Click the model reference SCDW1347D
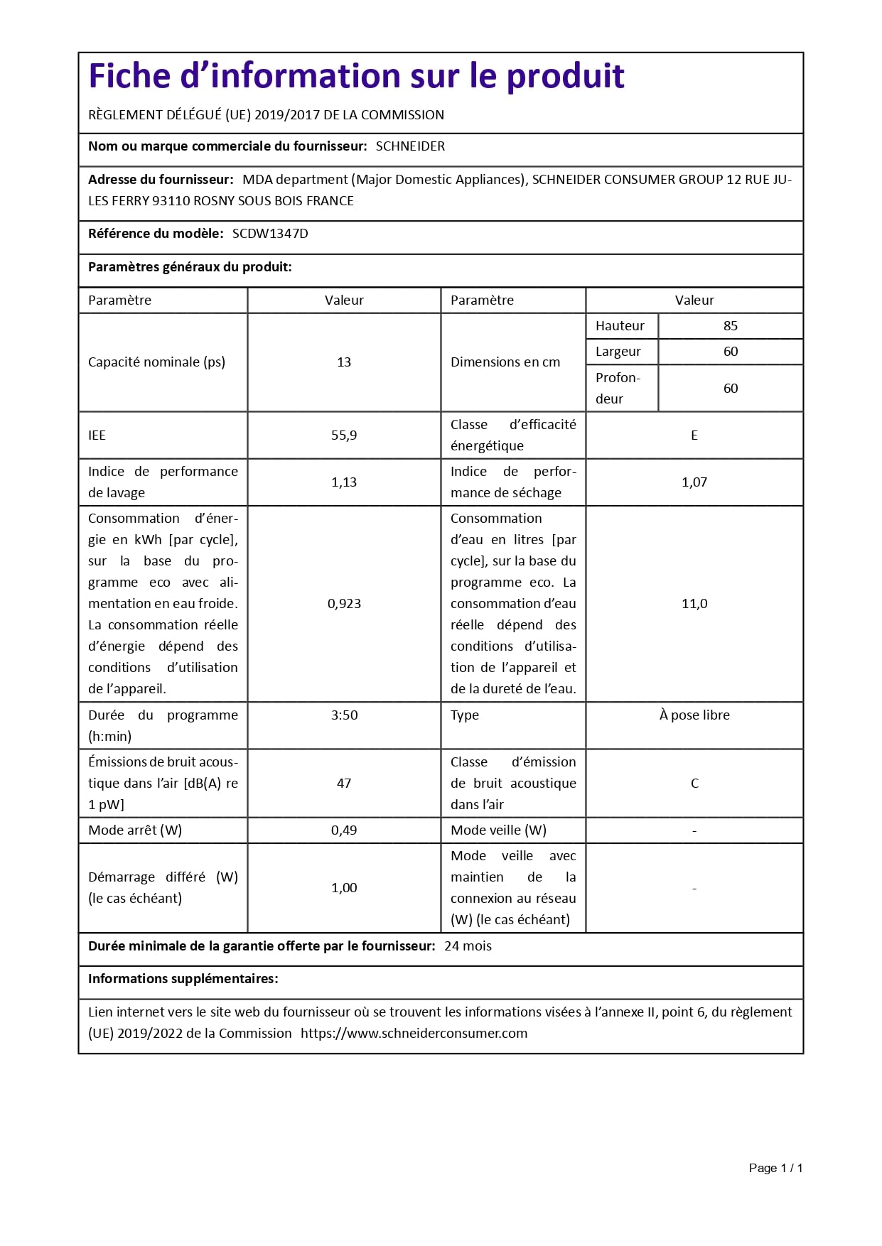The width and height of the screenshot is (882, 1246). point(270,234)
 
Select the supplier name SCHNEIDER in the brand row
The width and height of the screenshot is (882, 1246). point(410,146)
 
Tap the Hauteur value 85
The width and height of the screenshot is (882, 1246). point(730,326)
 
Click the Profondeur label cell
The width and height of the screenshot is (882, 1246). point(618,388)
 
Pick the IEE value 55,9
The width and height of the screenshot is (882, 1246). point(344,435)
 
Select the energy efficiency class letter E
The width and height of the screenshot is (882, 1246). point(694,435)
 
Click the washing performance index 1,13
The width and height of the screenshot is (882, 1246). point(344,482)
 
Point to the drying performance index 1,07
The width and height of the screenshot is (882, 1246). point(694,482)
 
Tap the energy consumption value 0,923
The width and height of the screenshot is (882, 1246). point(344,604)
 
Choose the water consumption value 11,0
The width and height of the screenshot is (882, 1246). point(694,604)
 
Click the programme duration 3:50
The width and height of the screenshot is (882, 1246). point(344,715)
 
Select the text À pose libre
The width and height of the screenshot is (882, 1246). point(694,715)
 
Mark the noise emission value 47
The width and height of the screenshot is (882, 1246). point(344,784)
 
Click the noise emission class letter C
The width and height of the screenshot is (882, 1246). point(694,784)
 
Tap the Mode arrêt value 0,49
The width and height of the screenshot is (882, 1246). point(344,830)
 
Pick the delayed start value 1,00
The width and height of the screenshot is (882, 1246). point(344,888)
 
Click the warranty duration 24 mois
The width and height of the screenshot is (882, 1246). point(468,946)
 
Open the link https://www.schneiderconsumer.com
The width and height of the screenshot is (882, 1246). point(414,1034)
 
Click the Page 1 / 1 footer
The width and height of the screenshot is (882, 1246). point(775,1168)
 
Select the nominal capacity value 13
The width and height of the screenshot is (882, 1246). point(344,362)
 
